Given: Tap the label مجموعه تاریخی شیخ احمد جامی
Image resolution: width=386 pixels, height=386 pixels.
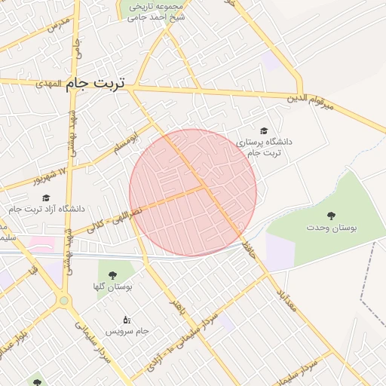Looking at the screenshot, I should point(157,11).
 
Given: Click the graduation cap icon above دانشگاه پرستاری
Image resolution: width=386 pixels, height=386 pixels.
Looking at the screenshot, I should point(263,130).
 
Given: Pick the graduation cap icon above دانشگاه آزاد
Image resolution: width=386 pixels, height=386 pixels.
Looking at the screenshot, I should point(47,198).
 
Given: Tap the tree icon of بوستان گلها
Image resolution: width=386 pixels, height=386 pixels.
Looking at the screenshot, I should point(113,275).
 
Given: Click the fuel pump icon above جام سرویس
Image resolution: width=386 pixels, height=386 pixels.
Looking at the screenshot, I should point(127,320).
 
